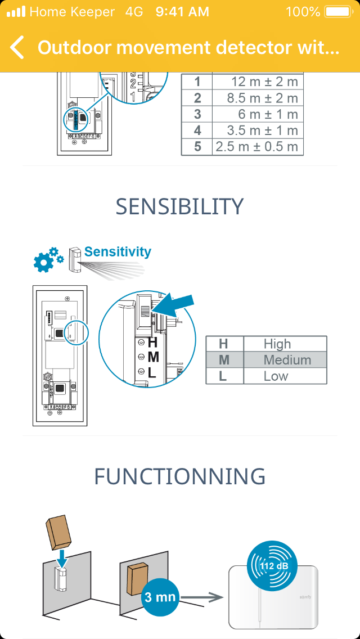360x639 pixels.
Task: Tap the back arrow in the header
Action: [17, 48]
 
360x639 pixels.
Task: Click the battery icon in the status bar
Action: [337, 12]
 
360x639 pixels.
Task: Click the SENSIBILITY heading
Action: [179, 206]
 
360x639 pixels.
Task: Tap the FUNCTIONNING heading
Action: [179, 476]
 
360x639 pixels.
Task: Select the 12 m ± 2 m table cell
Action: [258, 82]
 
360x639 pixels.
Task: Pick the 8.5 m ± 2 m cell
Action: [258, 98]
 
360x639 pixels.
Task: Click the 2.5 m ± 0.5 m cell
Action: [258, 147]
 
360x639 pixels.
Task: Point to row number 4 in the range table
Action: [197, 131]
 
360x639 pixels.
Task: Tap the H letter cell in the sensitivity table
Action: [223, 344]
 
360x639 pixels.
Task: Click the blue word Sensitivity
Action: [118, 251]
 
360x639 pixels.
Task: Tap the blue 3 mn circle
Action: [160, 597]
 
